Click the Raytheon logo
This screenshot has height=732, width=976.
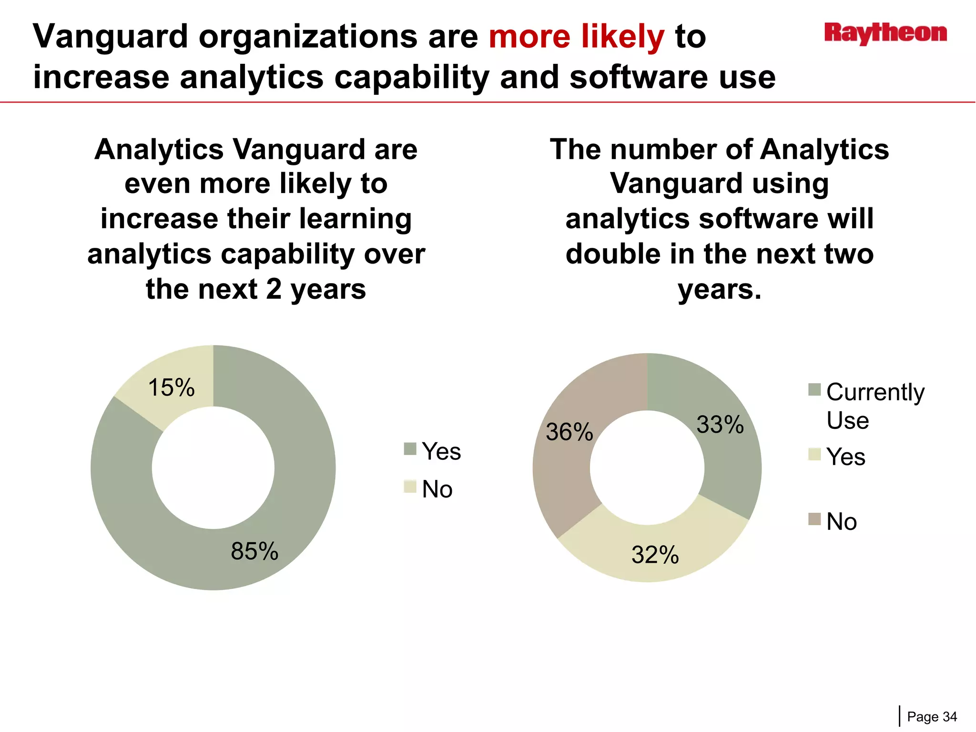885,33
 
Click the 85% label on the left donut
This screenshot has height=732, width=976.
254,551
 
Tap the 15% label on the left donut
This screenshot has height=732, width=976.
172,387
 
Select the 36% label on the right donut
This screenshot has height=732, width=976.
569,432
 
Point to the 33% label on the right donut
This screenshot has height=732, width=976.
720,424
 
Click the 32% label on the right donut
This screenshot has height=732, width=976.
655,555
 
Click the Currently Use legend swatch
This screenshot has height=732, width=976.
814,390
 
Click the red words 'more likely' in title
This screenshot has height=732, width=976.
576,36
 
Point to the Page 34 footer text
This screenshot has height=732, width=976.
932,717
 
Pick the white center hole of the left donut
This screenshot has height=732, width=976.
213,468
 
